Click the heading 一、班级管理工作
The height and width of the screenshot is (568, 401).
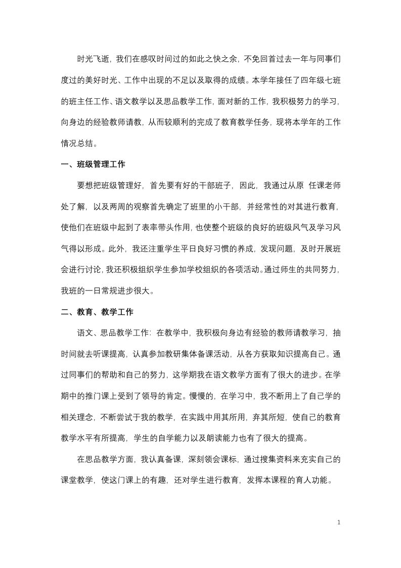coord(93,165)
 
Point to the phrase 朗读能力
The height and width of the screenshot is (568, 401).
coord(241,438)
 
